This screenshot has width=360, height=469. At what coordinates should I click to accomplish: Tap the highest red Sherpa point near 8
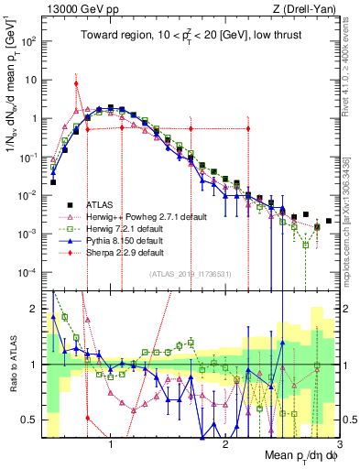76,83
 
